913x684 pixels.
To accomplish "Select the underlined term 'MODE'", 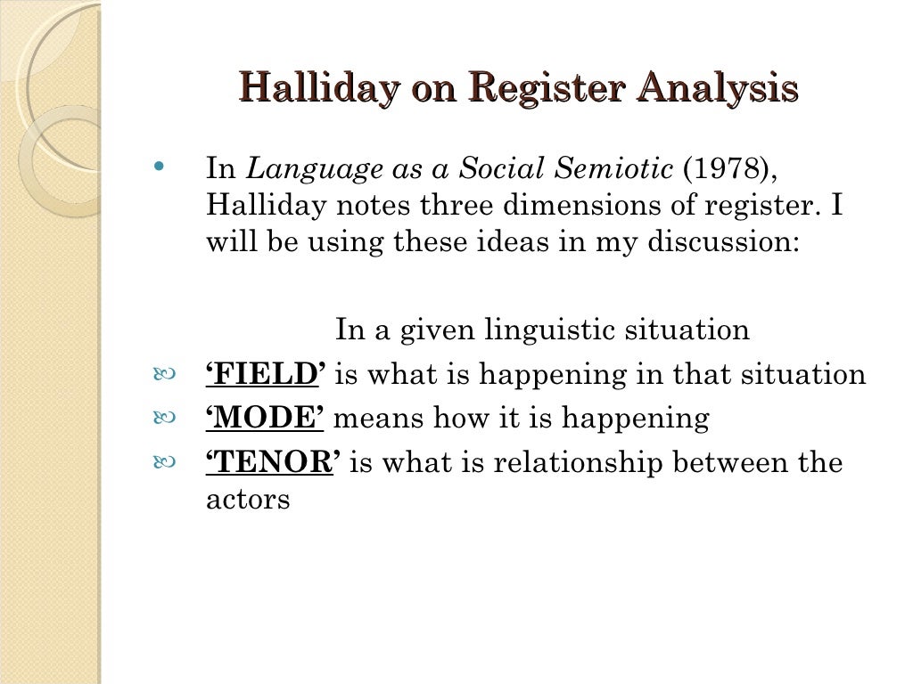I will (264, 419).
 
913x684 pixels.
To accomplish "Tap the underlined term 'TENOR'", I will (273, 463).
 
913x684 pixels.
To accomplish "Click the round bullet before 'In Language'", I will (160, 167).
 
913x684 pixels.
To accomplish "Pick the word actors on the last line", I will (248, 500).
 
